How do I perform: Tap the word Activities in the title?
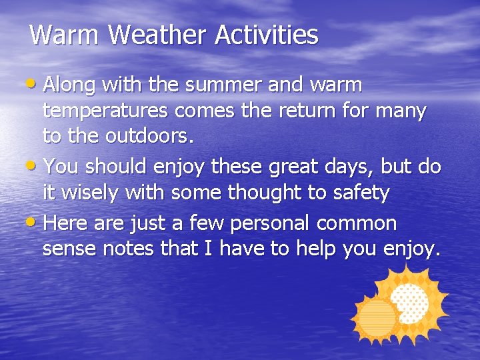pos(267,35)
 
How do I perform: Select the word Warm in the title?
pos(65,35)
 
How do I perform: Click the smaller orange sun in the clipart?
pos(377,318)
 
